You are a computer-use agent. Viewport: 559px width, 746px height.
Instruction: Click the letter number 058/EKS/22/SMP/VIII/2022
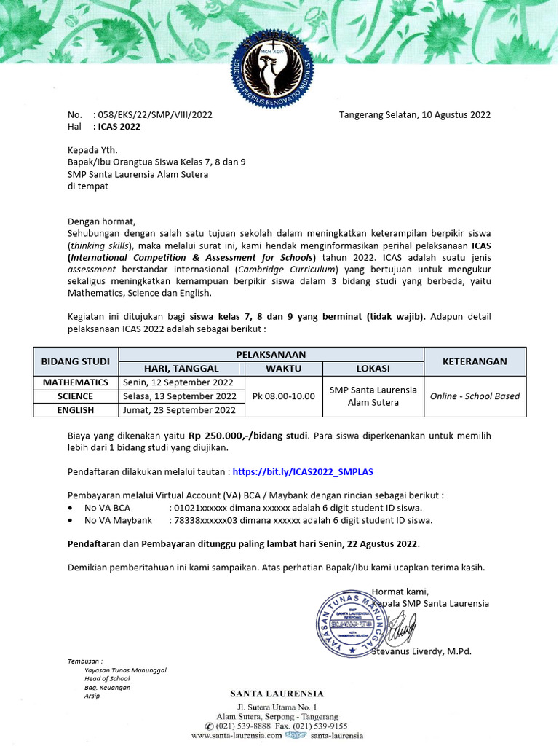click(154, 114)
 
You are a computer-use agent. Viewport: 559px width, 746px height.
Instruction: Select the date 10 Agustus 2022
click(445, 114)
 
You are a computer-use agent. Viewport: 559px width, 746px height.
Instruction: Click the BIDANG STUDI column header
click(76, 361)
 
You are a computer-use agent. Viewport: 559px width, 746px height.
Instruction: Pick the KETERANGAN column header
click(474, 361)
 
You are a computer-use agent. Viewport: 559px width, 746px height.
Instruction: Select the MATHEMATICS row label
click(76, 382)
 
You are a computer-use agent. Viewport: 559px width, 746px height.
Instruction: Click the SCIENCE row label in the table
click(76, 396)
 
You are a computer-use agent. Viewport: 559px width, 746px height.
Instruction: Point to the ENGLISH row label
click(76, 410)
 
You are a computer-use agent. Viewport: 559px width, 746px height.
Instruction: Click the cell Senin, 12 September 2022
click(178, 382)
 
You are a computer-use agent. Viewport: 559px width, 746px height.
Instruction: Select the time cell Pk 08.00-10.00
click(283, 396)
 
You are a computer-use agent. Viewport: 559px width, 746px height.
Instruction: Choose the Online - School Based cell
click(475, 396)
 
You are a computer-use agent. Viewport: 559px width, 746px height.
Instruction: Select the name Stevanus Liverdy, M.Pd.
click(421, 651)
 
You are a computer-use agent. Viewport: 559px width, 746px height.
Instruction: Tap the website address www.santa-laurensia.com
click(237, 736)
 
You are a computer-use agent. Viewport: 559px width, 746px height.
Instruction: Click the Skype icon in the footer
click(294, 736)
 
